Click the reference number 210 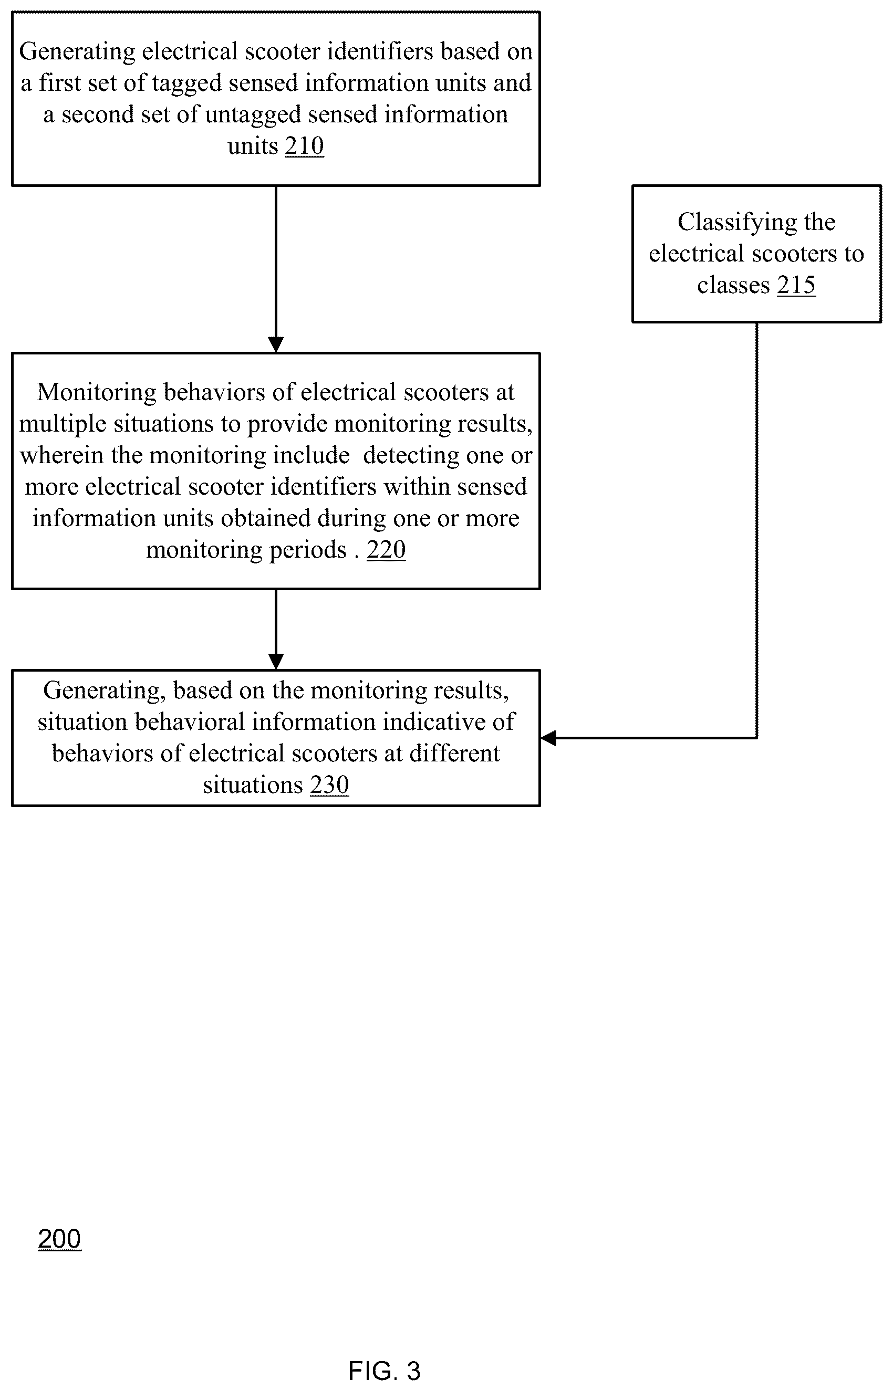tap(305, 146)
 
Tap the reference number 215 tap(796, 285)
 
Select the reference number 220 tap(386, 549)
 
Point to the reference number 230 tap(329, 785)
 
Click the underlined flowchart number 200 tap(60, 1239)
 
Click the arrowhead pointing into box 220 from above tap(276, 345)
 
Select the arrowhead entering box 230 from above tap(276, 662)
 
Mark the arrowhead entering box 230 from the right tap(548, 738)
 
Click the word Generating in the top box tap(77, 52)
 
